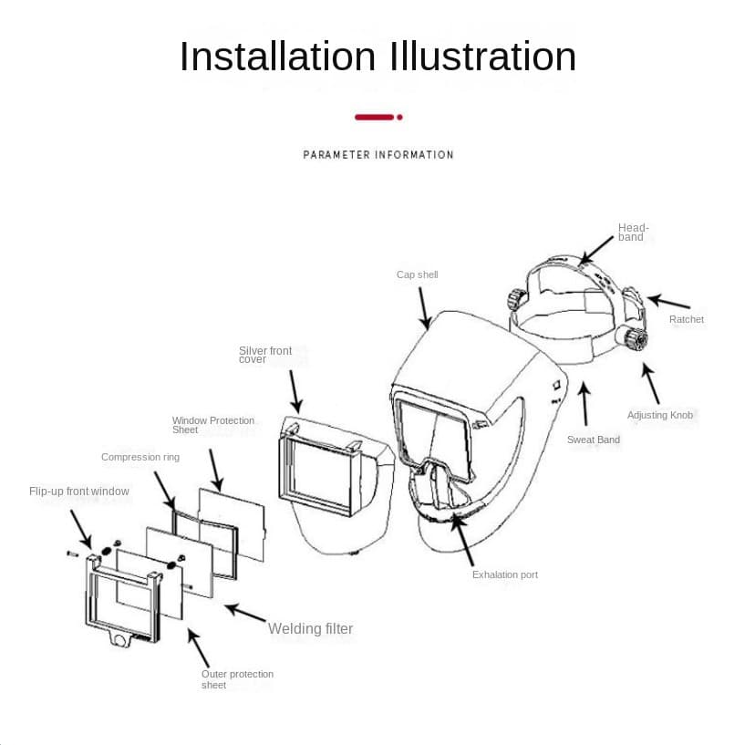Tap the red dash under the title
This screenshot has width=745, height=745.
(x=375, y=117)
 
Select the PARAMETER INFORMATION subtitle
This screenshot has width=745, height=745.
(x=378, y=155)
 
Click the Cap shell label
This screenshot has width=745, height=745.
(x=417, y=274)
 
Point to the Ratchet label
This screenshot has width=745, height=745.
(x=686, y=319)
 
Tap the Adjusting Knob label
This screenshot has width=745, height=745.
(x=660, y=415)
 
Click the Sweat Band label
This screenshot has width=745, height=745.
(x=594, y=440)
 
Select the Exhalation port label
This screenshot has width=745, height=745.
(x=505, y=574)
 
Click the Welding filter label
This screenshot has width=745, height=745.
(x=310, y=628)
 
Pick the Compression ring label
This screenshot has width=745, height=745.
(x=140, y=457)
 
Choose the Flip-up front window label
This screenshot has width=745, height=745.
(x=78, y=491)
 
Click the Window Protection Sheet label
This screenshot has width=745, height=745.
(x=213, y=425)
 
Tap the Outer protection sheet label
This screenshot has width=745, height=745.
(x=237, y=679)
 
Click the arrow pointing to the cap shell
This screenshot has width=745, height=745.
(x=424, y=308)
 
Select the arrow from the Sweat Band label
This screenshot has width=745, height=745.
(x=585, y=404)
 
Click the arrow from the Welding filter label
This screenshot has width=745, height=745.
(x=245, y=613)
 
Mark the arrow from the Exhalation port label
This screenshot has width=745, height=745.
(x=462, y=540)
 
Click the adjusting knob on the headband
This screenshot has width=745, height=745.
(x=633, y=336)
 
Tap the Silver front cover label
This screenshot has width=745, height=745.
(x=265, y=355)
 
